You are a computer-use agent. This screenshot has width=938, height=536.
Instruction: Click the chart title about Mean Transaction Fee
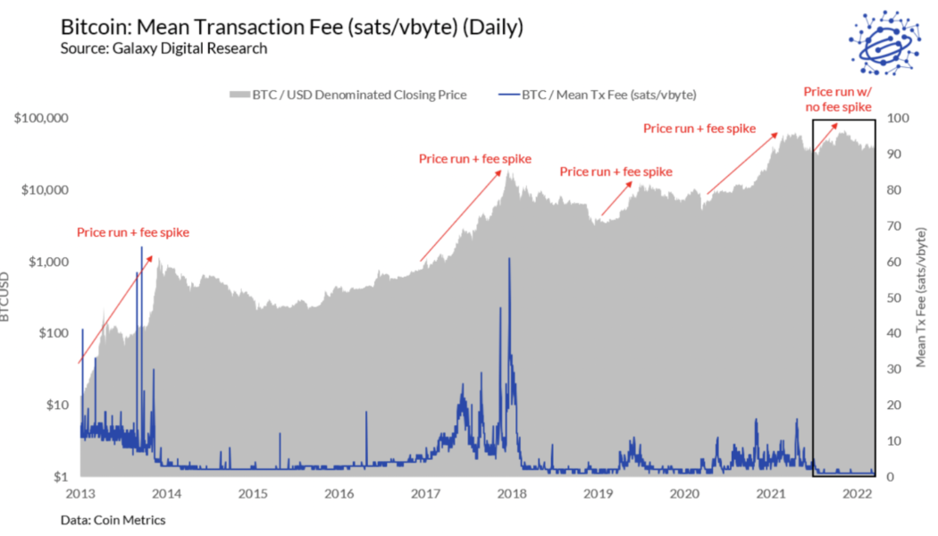pos(291,28)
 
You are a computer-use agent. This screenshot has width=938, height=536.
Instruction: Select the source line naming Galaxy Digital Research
pos(163,48)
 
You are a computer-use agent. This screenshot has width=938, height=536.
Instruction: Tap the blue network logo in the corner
pos(885,42)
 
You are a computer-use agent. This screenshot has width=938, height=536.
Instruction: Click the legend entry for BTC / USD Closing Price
pos(348,95)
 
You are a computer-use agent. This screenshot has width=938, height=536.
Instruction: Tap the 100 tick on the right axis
pos(896,118)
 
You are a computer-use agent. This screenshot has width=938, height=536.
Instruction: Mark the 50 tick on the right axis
pos(892,297)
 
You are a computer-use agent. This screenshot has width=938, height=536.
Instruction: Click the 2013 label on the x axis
pos(80,493)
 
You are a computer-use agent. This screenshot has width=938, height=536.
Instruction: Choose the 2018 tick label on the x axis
pos(511,493)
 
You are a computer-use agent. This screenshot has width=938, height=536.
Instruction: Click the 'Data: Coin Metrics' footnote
pos(113,519)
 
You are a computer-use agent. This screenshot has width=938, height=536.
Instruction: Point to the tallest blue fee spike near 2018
pos(509,261)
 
